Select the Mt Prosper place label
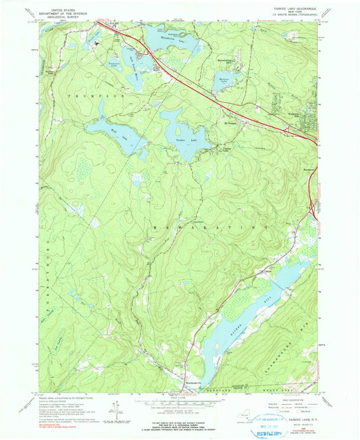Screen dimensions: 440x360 click(x=231, y=124)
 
